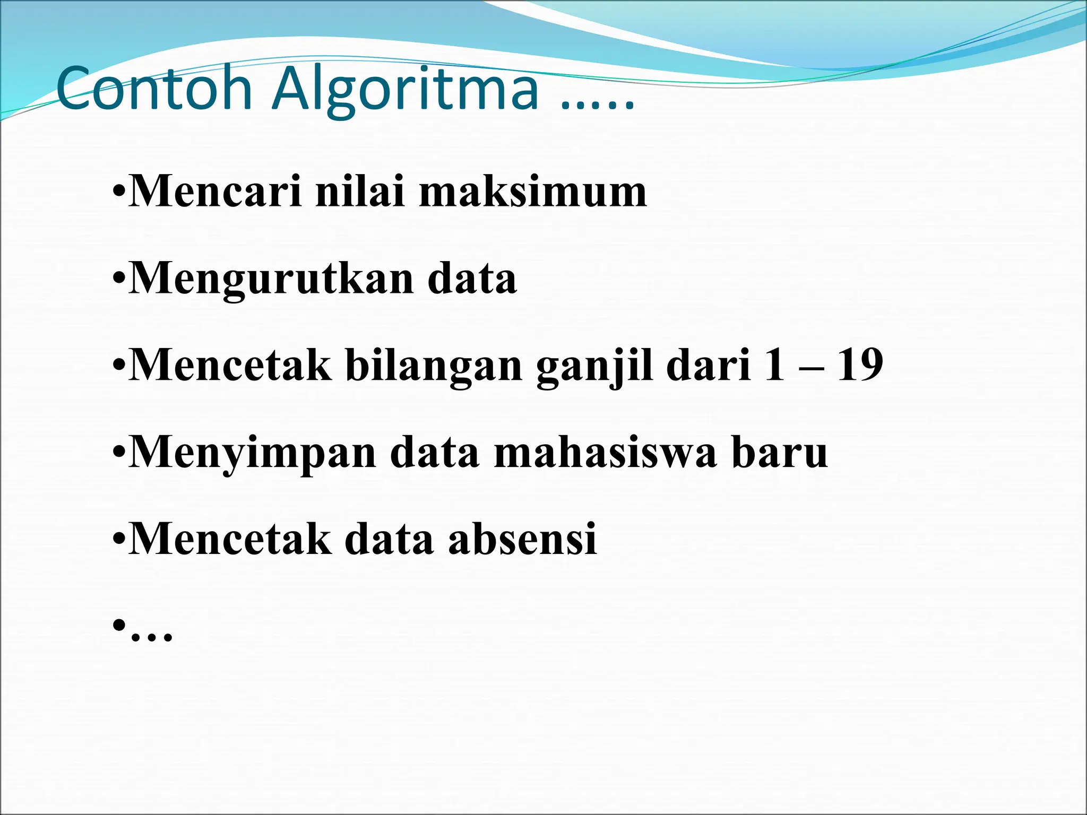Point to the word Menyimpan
253,454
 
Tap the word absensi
522,539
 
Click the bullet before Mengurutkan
119,279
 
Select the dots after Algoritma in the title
598,106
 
